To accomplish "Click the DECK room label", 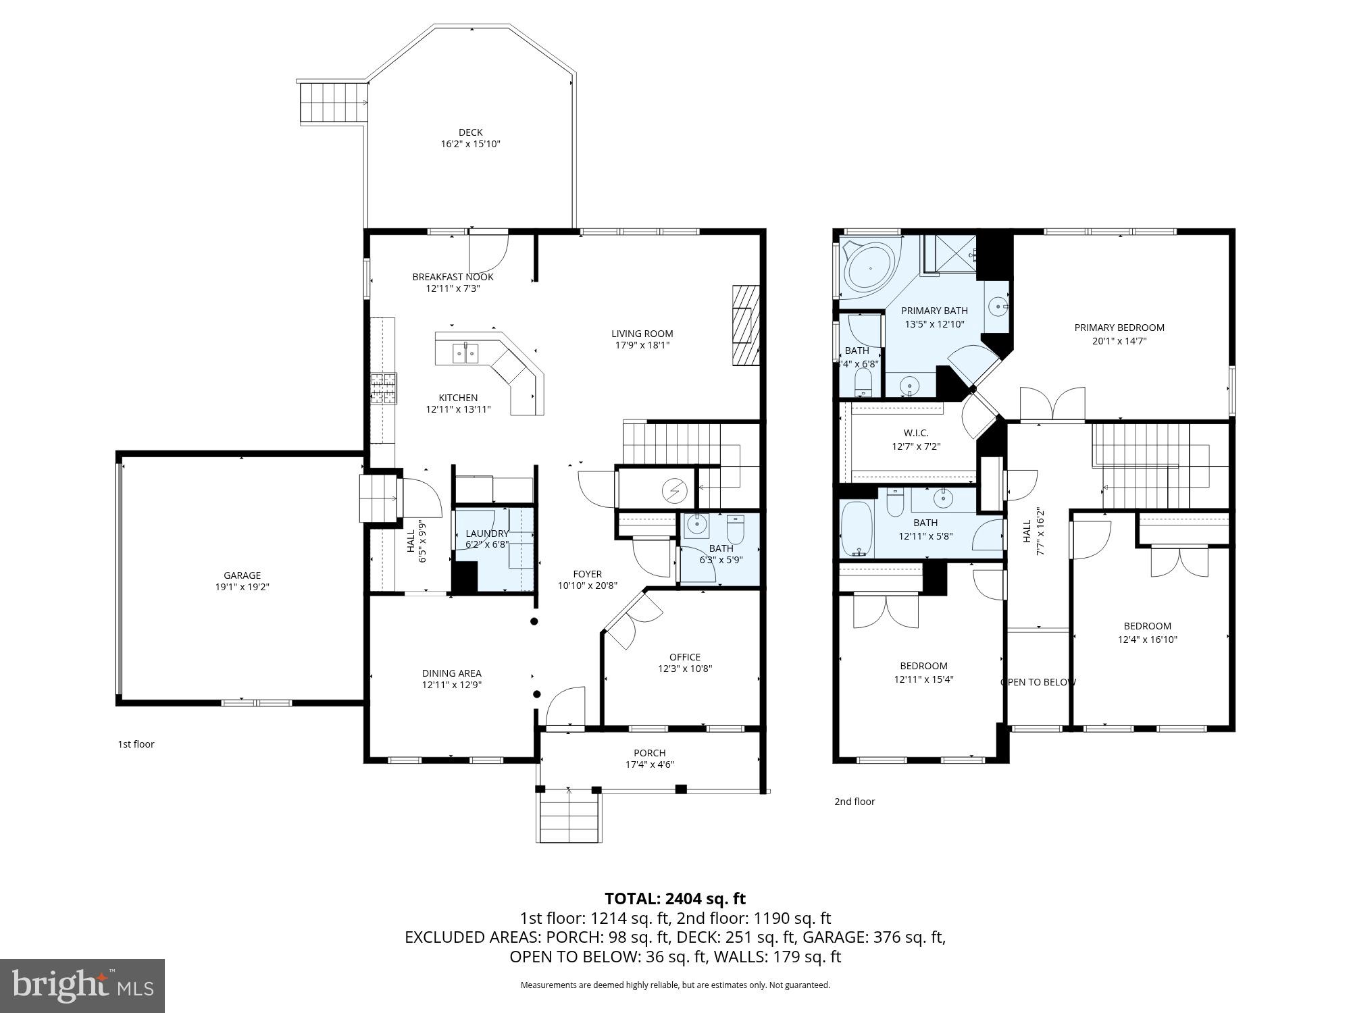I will [470, 132].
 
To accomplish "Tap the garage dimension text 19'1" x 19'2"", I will [242, 588].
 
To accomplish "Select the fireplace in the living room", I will [746, 326].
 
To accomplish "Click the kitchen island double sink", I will [465, 353].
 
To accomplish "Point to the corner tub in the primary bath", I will [870, 269].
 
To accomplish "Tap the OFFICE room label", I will [684, 657].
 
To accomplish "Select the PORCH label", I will [649, 753].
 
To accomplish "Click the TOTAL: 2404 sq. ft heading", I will [675, 899].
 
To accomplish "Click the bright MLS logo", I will [82, 986].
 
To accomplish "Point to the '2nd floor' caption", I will [854, 802].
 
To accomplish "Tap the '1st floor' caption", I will [136, 744].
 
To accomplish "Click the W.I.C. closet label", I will [915, 433].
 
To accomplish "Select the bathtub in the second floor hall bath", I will [857, 529].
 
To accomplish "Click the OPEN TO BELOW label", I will [1038, 682].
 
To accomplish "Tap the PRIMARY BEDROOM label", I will [1119, 328].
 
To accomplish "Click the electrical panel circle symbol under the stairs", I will [673, 491].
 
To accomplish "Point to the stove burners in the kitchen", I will [384, 389].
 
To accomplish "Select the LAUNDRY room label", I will [486, 534].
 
